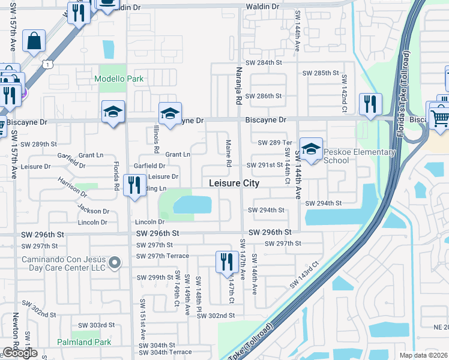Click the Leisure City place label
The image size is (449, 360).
(x=234, y=183)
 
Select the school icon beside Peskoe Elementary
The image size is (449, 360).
(x=311, y=149)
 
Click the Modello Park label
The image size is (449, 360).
(x=115, y=79)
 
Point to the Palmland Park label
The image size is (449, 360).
(x=84, y=342)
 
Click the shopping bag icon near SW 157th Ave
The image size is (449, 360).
(x=34, y=41)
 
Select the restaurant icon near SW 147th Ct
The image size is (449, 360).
(x=226, y=262)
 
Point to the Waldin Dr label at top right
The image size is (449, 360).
(x=262, y=6)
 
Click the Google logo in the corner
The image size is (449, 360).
(x=20, y=353)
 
